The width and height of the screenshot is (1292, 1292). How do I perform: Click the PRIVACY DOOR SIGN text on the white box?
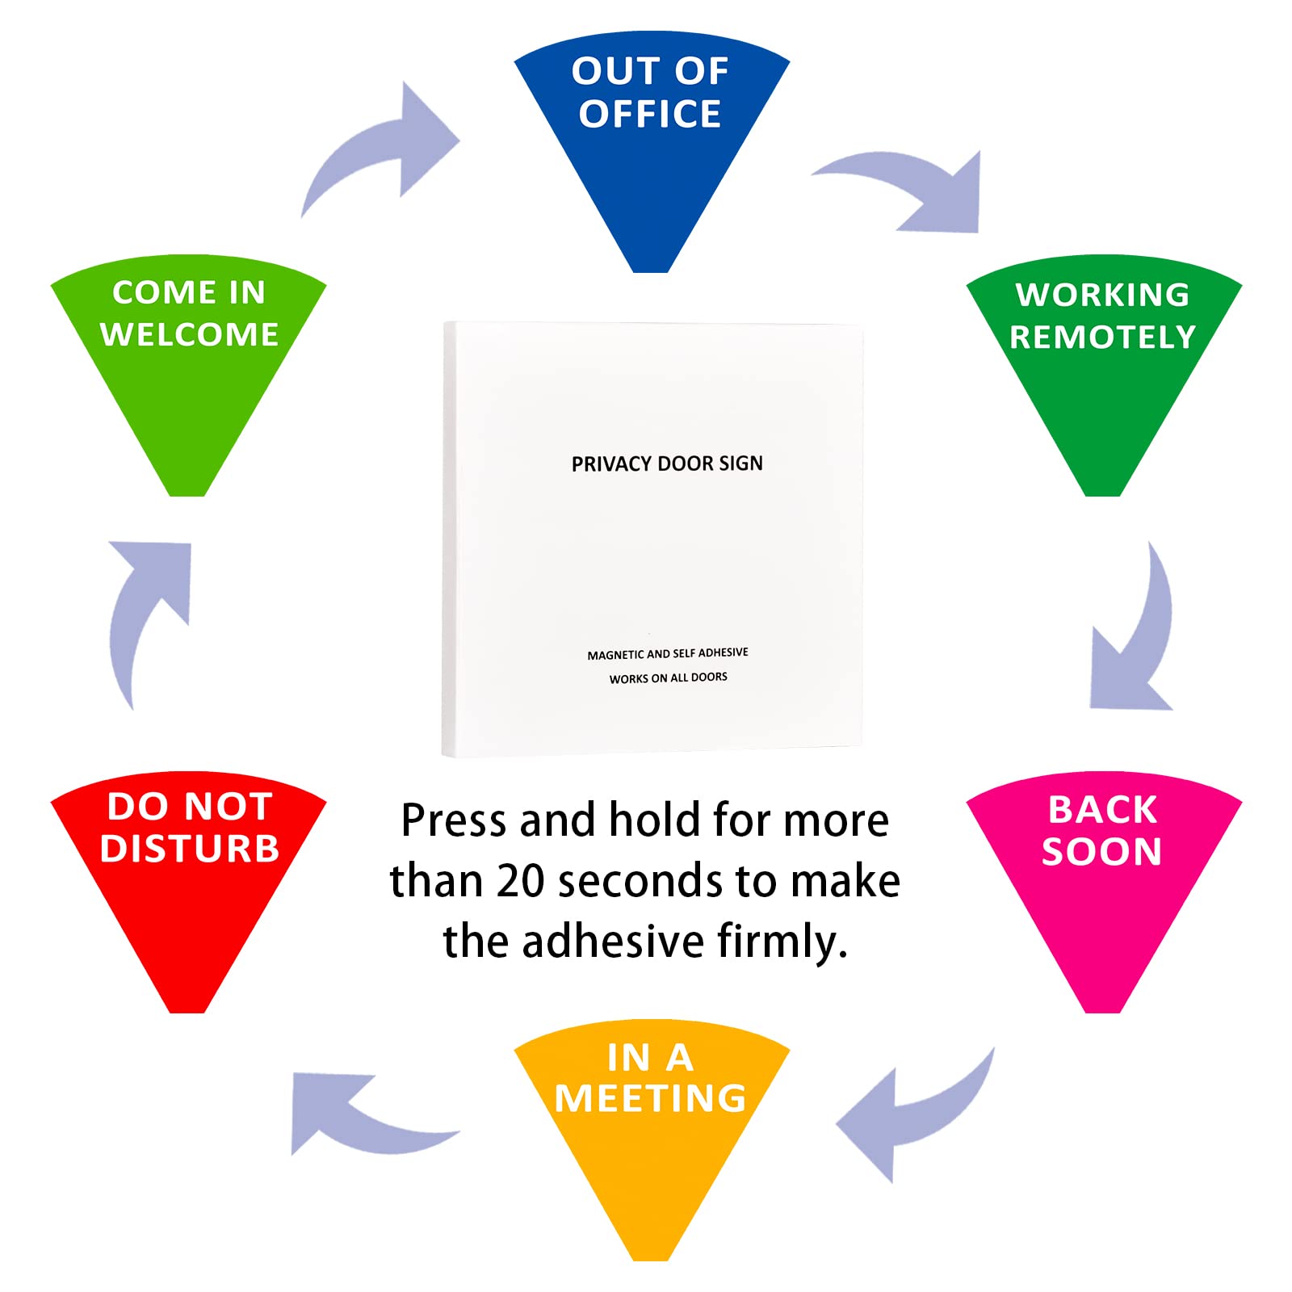tap(667, 464)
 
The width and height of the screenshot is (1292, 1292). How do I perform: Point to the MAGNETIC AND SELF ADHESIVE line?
tap(668, 653)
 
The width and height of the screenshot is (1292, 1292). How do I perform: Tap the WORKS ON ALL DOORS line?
tap(669, 677)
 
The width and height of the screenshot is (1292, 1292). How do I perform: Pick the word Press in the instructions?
tap(455, 821)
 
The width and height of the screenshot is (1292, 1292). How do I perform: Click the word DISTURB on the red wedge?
tap(190, 849)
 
